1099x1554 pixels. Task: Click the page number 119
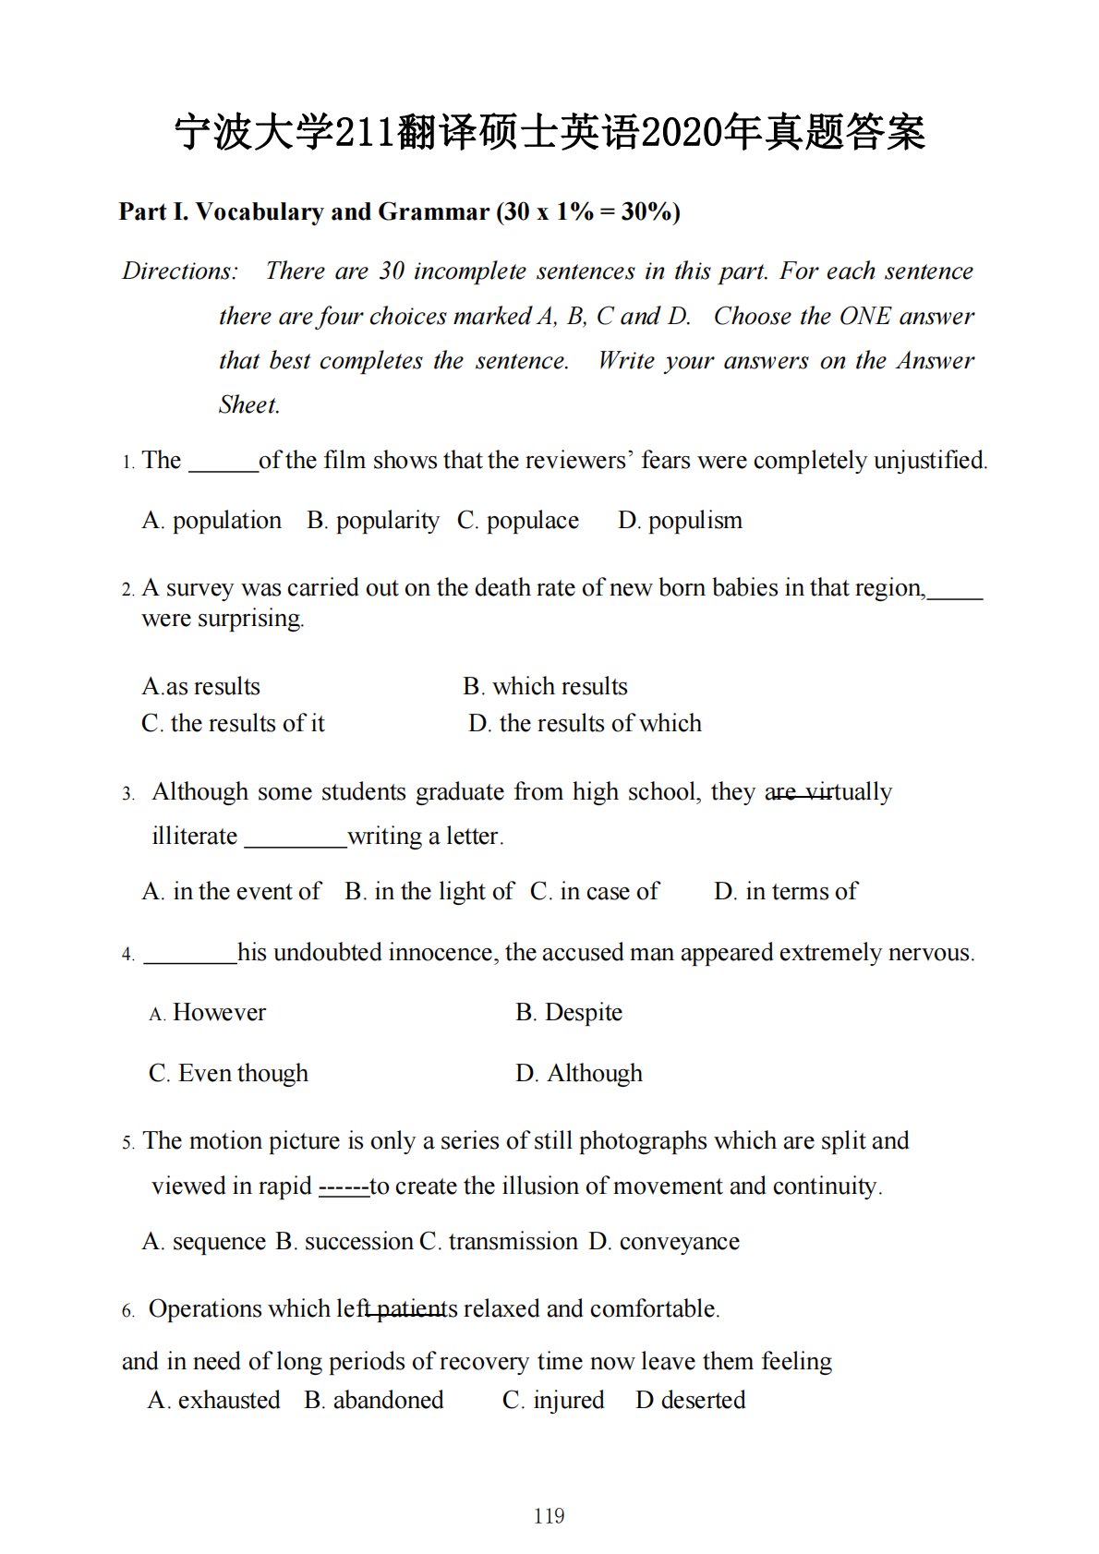click(549, 1515)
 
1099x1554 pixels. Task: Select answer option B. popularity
click(372, 521)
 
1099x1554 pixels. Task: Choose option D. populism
click(680, 521)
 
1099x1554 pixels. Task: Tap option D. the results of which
click(585, 723)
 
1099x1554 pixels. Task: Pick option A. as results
click(201, 686)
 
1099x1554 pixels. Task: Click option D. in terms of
click(785, 891)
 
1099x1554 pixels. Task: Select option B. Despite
click(569, 1012)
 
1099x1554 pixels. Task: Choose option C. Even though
click(228, 1073)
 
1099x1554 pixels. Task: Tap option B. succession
click(344, 1241)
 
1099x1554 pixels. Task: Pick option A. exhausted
click(213, 1400)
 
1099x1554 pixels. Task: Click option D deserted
click(690, 1400)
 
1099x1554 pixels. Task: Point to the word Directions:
click(180, 271)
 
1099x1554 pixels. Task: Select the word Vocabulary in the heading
click(259, 212)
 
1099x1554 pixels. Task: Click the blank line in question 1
click(223, 462)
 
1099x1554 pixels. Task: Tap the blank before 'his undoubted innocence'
click(190, 954)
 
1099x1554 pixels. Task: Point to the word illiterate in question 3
click(194, 837)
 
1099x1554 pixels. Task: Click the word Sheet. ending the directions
click(249, 405)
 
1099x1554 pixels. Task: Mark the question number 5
click(128, 1143)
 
